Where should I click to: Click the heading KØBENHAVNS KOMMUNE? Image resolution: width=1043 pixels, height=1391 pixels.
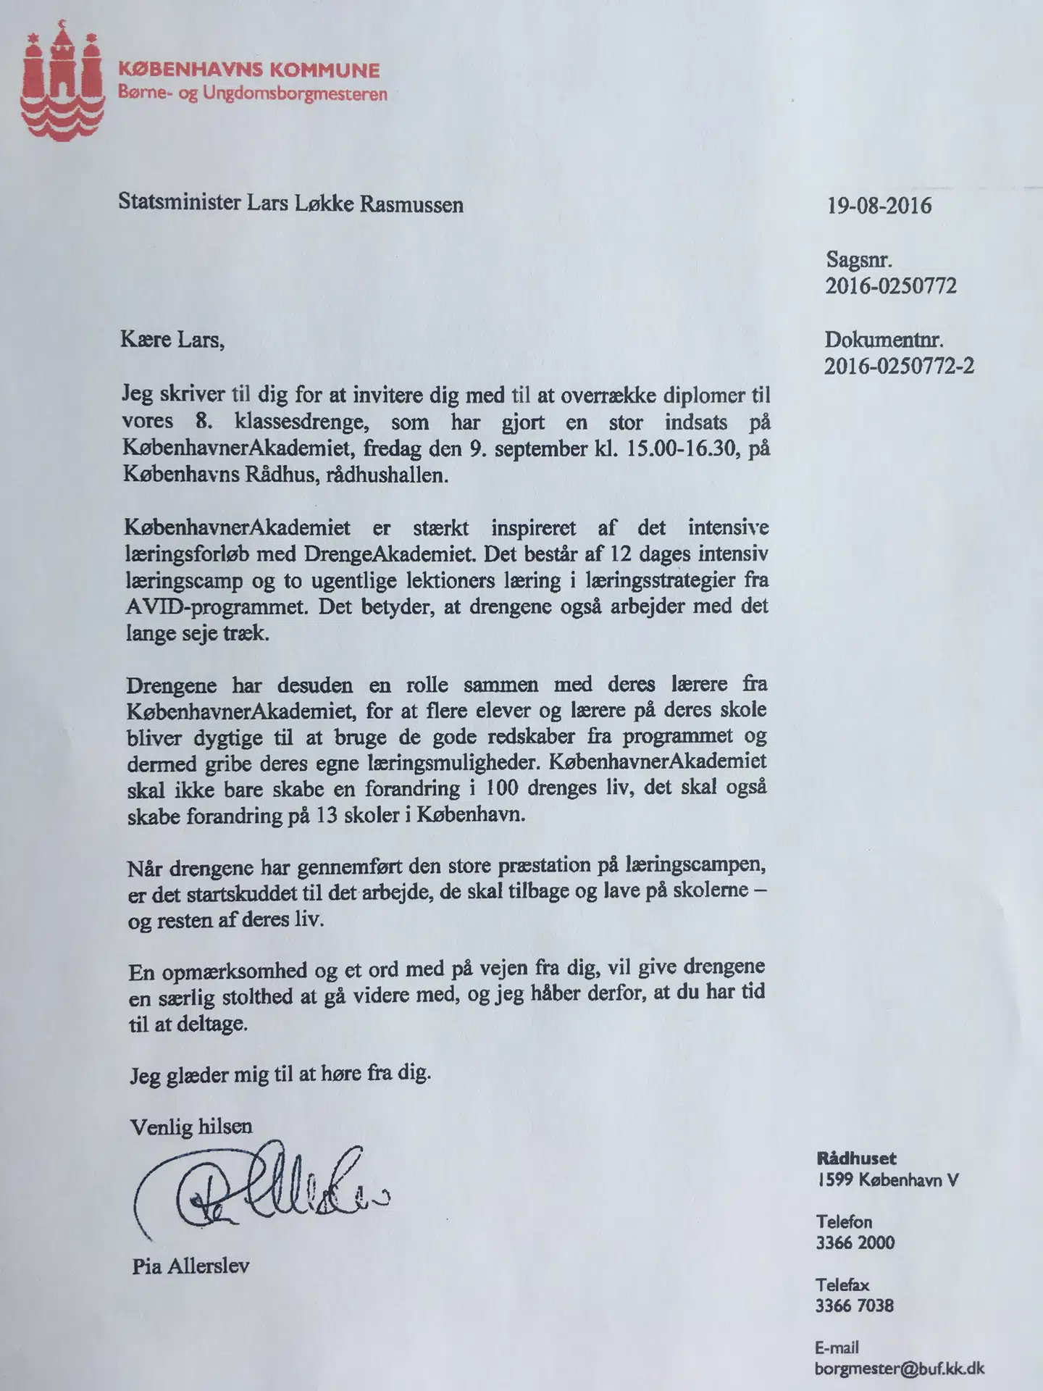pyautogui.click(x=248, y=70)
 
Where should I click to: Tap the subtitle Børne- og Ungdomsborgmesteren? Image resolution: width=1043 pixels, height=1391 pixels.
pyautogui.click(x=252, y=93)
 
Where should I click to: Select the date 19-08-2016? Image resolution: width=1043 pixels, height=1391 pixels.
pyautogui.click(x=879, y=206)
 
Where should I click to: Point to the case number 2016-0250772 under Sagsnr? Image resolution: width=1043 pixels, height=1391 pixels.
pyautogui.click(x=890, y=285)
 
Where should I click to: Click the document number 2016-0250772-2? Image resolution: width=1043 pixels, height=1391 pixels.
pyautogui.click(x=898, y=366)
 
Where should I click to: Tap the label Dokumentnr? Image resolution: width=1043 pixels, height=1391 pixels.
pyautogui.click(x=884, y=339)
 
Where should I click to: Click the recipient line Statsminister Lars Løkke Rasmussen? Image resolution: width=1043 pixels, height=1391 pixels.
pyautogui.click(x=290, y=204)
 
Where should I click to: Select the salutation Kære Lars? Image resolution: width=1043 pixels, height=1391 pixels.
pyautogui.click(x=172, y=340)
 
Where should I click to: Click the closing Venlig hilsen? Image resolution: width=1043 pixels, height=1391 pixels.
pyautogui.click(x=191, y=1126)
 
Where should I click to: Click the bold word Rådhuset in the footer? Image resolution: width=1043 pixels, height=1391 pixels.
pyautogui.click(x=856, y=1158)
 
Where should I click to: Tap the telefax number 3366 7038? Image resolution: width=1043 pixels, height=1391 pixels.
pyautogui.click(x=855, y=1306)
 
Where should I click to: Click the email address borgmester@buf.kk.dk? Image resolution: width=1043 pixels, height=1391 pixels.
pyautogui.click(x=899, y=1369)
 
